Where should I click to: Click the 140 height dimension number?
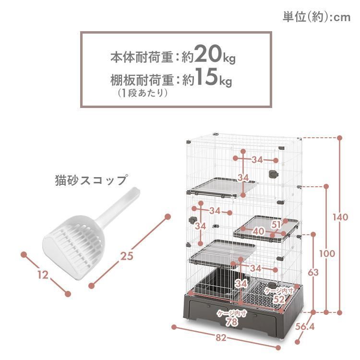(x=340, y=217)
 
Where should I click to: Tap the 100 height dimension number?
(x=327, y=254)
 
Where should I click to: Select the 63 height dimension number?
(x=313, y=273)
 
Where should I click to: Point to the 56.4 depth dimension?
(x=305, y=326)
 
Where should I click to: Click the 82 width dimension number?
(x=221, y=338)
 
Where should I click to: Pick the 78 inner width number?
(x=232, y=322)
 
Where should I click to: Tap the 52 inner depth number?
(x=279, y=299)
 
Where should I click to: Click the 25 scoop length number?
(x=127, y=256)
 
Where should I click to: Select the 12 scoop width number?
(x=43, y=275)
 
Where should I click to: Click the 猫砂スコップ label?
(x=91, y=180)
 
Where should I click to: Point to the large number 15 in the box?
(x=206, y=76)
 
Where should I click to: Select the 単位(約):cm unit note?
(x=317, y=17)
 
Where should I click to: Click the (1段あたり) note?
(x=143, y=93)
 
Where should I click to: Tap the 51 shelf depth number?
(x=276, y=225)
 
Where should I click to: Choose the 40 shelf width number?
(x=258, y=231)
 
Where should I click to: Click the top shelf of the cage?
(x=222, y=187)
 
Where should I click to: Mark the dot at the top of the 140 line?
(x=340, y=138)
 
